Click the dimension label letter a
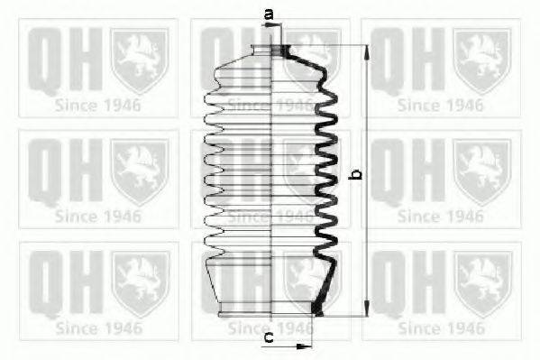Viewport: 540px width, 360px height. pos(269,14)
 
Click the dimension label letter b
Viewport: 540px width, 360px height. pos(356,174)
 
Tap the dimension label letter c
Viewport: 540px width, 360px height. pos(269,337)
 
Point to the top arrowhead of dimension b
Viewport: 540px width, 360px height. pos(367,52)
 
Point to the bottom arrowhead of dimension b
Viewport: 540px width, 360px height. pos(367,308)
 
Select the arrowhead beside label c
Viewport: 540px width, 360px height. pos(302,346)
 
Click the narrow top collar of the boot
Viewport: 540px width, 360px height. pos(270,50)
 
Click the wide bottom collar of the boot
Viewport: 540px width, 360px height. pos(270,309)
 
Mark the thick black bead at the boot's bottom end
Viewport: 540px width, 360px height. pos(316,309)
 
